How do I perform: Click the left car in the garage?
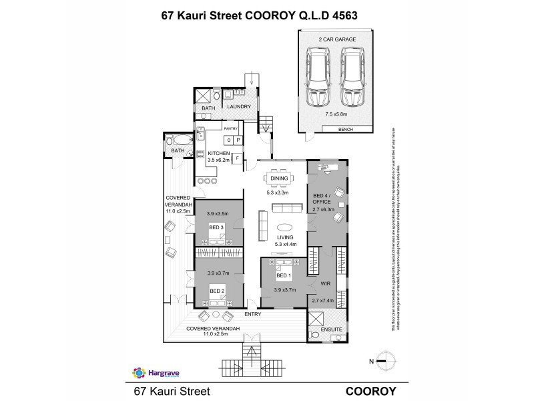(317, 79)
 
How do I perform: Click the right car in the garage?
(352, 79)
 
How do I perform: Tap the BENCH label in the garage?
(346, 129)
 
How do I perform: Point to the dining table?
(278, 178)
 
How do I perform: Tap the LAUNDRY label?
(238, 107)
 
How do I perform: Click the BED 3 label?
(216, 228)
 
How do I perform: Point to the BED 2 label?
(216, 291)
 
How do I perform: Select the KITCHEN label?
(218, 154)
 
